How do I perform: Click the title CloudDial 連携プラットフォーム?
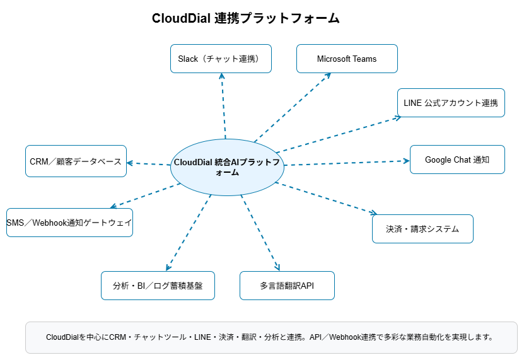point(246,18)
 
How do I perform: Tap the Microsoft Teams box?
point(347,59)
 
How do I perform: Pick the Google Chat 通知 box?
point(457,160)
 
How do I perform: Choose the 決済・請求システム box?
point(422,229)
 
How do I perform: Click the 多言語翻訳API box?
point(287,286)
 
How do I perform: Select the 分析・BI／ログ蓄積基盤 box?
point(158,286)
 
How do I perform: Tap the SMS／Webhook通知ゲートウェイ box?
point(69,223)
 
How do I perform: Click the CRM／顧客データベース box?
point(76,161)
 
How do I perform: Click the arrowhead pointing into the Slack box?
point(221,76)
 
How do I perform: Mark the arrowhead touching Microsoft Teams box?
point(328,75)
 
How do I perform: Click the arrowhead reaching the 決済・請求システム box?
point(374,213)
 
